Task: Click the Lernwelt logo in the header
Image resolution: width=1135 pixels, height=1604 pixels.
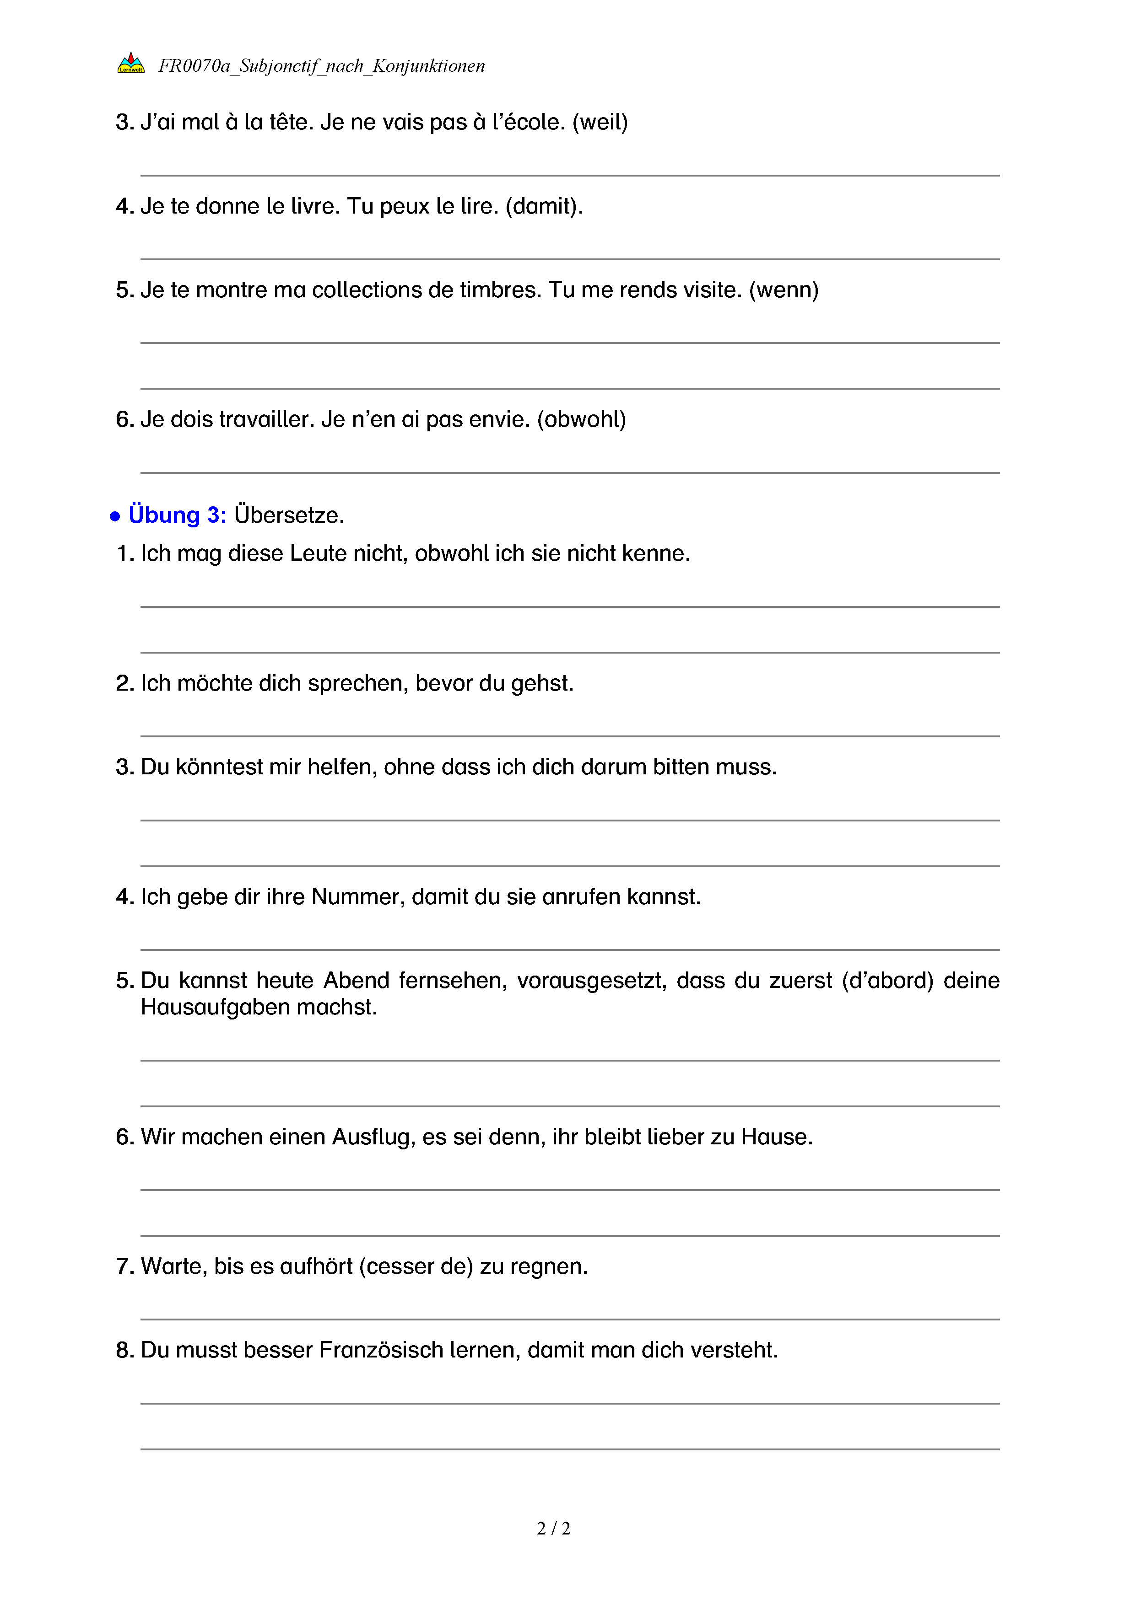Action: pyautogui.click(x=131, y=64)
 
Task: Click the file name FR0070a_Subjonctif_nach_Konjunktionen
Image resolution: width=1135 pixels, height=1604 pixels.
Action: pyautogui.click(x=321, y=66)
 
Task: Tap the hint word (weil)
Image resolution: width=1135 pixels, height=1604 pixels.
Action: pyautogui.click(x=600, y=122)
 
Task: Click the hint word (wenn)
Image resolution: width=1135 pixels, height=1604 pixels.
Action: pyautogui.click(x=784, y=290)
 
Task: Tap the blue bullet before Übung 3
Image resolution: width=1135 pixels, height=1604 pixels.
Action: pyautogui.click(x=115, y=517)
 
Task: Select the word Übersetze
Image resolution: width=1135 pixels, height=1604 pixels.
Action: pyautogui.click(x=289, y=515)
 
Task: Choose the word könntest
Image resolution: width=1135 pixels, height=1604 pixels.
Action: pyautogui.click(x=219, y=767)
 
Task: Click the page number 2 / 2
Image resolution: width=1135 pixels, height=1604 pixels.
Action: pyautogui.click(x=553, y=1529)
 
